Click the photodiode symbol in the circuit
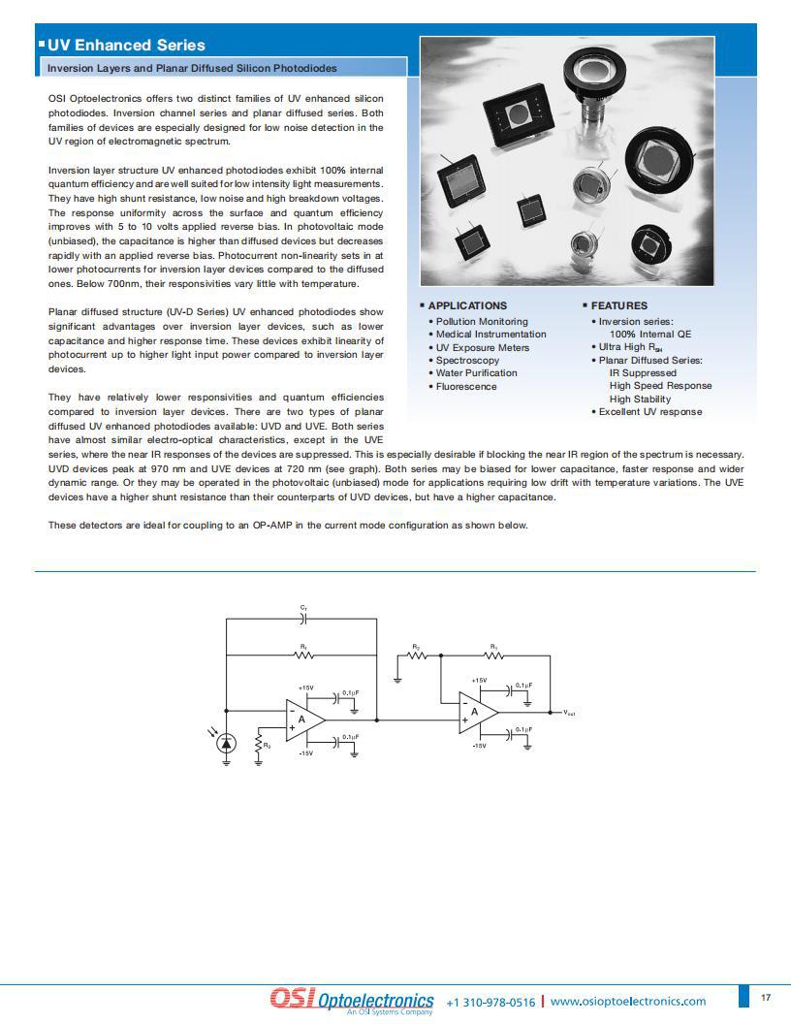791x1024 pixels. click(x=227, y=743)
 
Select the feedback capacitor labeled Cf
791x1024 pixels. click(x=303, y=617)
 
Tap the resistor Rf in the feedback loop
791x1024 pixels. click(x=303, y=654)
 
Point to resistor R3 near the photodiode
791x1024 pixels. click(x=259, y=745)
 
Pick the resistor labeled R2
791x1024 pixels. click(x=416, y=654)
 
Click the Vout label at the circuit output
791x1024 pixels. click(x=570, y=713)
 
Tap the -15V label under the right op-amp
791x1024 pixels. click(x=479, y=746)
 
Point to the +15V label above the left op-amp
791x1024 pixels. click(x=305, y=688)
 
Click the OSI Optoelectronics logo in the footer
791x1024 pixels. click(x=351, y=1000)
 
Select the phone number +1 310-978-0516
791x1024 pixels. click(x=490, y=1002)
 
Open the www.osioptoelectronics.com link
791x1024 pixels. click(x=628, y=1002)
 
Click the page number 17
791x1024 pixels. click(x=766, y=998)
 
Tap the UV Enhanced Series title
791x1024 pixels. click(x=126, y=45)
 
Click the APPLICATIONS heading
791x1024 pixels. click(x=467, y=305)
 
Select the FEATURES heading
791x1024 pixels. click(x=618, y=305)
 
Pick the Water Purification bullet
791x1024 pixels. click(x=476, y=373)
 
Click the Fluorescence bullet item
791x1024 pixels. click(x=465, y=386)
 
